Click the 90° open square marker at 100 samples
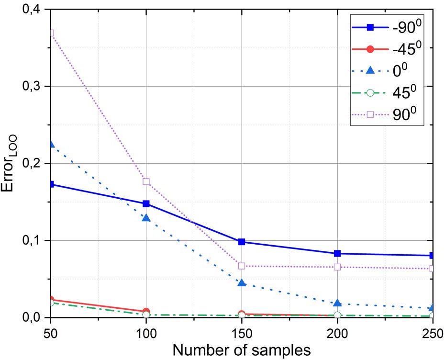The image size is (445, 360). pyautogui.click(x=146, y=181)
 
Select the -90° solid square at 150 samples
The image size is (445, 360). pyautogui.click(x=242, y=242)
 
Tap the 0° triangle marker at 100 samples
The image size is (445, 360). pyautogui.click(x=146, y=218)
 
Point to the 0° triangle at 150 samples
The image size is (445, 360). pyautogui.click(x=242, y=283)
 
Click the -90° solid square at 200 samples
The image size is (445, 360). pyautogui.click(x=337, y=253)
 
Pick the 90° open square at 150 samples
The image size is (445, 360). pyautogui.click(x=242, y=266)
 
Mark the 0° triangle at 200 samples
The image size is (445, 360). pyautogui.click(x=337, y=303)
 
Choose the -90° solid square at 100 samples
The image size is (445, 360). pyautogui.click(x=146, y=203)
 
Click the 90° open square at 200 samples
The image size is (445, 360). pyautogui.click(x=337, y=267)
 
